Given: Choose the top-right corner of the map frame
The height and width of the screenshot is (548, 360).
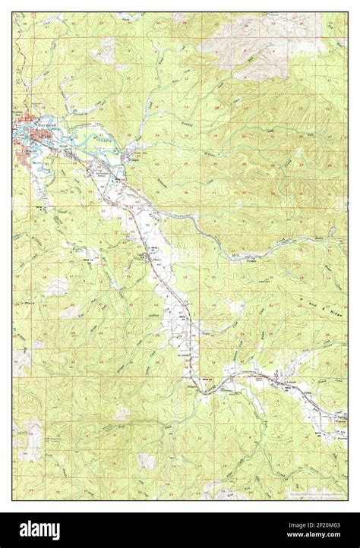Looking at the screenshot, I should coord(349,12).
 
